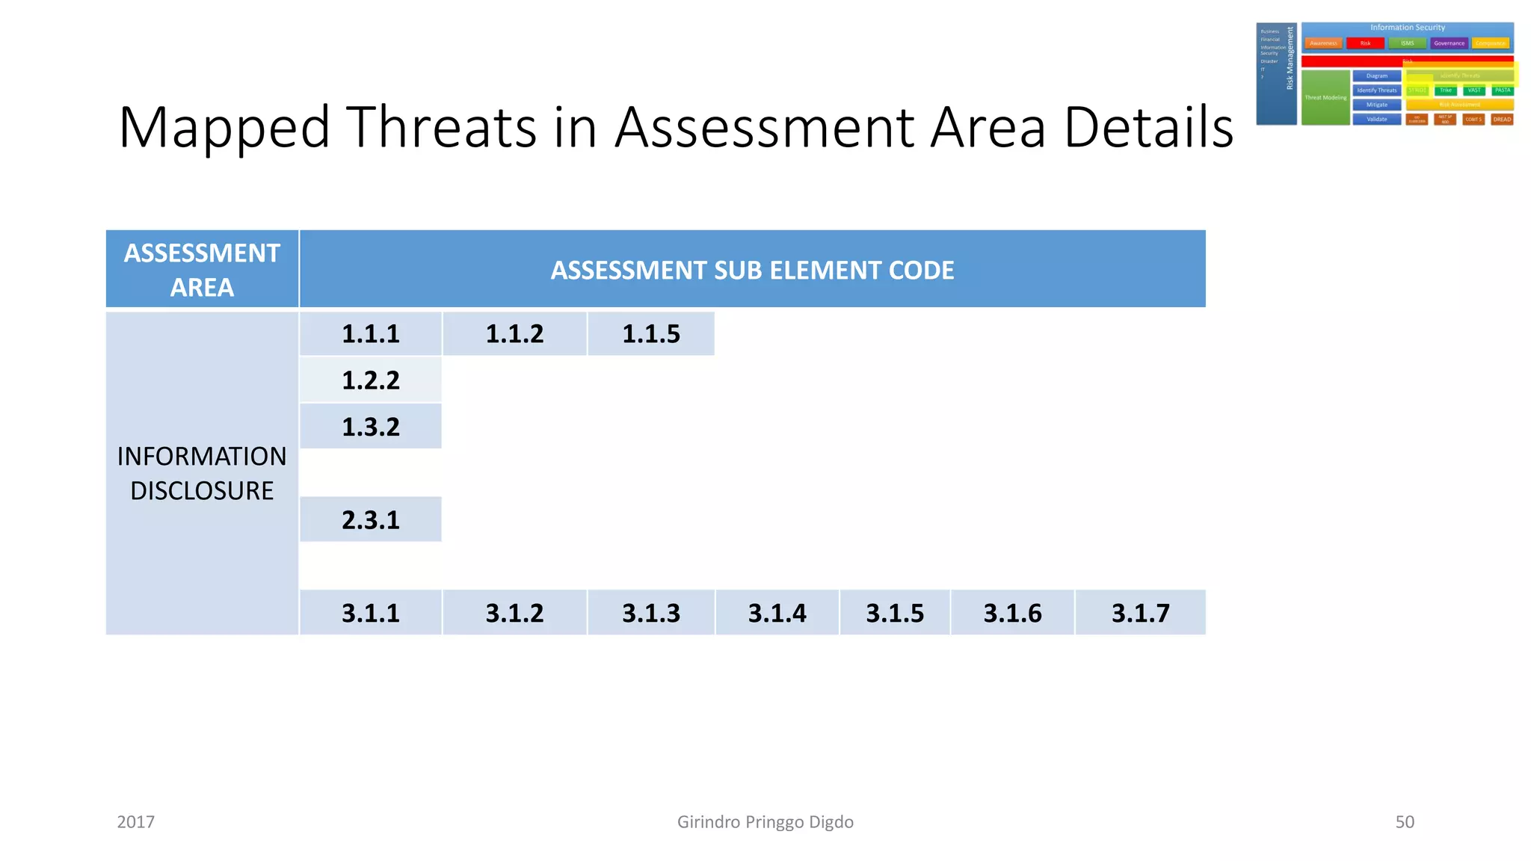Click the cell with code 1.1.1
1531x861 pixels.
point(371,333)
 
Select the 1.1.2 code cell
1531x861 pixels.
point(514,333)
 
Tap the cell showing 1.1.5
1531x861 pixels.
point(651,333)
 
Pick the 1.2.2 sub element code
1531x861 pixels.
point(371,380)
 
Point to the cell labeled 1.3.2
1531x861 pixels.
point(371,426)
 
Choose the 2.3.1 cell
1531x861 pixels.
point(371,519)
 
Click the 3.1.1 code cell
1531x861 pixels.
point(371,613)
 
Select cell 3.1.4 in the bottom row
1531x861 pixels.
point(777,613)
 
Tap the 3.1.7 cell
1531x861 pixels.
point(1140,613)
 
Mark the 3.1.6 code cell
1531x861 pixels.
point(1012,613)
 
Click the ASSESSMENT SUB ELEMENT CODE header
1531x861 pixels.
point(752,270)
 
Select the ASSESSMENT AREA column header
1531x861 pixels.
point(202,270)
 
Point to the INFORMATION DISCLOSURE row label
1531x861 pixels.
point(202,473)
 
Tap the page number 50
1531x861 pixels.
point(1405,822)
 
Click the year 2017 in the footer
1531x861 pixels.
point(136,822)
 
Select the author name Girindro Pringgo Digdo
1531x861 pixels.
point(765,822)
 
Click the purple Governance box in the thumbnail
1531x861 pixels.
point(1449,43)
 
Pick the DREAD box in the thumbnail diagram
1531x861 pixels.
point(1502,120)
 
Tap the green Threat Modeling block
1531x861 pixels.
point(1325,98)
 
